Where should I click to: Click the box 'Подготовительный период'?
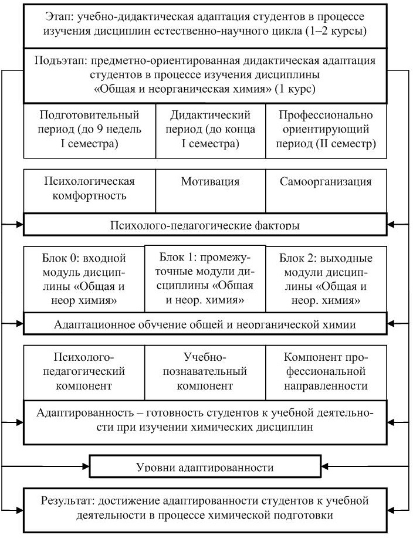(x=89, y=130)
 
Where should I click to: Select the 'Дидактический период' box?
(x=210, y=130)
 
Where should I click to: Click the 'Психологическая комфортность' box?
(x=89, y=189)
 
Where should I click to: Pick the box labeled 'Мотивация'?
(x=210, y=189)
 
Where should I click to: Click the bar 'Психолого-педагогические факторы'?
(x=205, y=225)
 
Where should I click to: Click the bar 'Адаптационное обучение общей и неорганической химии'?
(x=205, y=323)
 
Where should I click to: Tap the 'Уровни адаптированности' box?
(x=205, y=466)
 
